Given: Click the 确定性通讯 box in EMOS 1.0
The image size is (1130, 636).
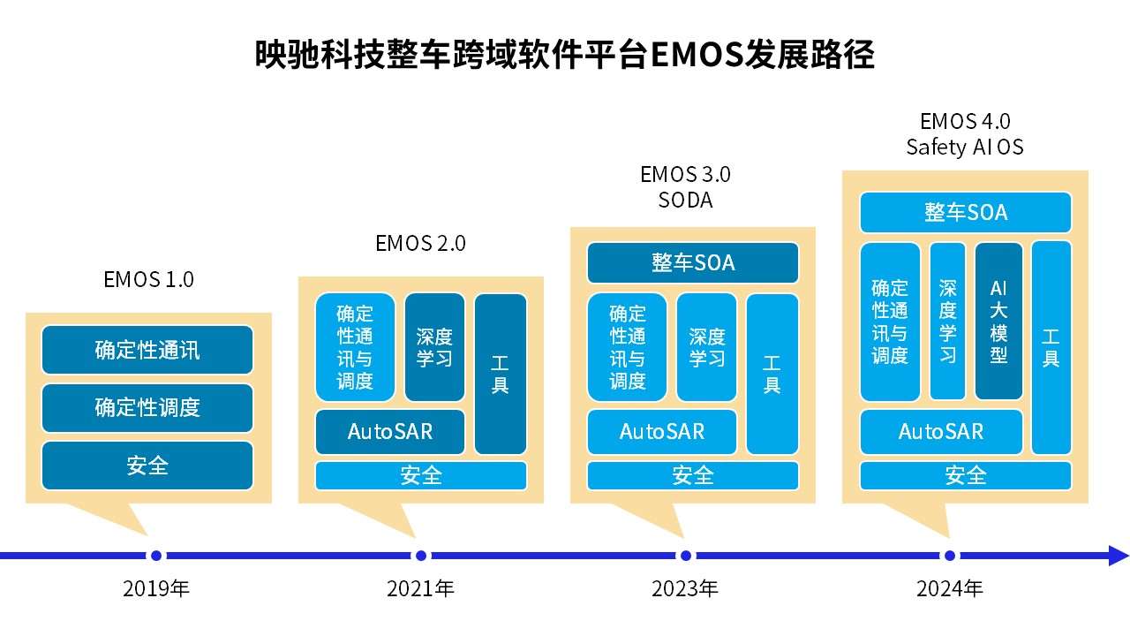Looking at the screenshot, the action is (147, 350).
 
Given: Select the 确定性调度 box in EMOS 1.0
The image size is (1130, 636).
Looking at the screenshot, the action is (147, 408).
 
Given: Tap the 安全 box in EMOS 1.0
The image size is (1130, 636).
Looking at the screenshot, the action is (147, 466).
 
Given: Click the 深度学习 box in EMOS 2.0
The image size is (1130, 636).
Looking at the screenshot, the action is (434, 347).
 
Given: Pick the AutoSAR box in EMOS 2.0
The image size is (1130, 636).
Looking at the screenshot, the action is (390, 432).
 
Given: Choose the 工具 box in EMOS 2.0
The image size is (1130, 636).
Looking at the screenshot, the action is (501, 374).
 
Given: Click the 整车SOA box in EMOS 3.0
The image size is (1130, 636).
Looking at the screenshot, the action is (693, 263).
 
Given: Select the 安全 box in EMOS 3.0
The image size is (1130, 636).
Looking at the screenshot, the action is (693, 475).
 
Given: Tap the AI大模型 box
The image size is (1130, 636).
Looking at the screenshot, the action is (998, 322).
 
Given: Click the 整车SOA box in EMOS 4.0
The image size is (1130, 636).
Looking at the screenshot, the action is (966, 213).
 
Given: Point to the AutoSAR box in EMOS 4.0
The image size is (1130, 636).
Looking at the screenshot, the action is (941, 432).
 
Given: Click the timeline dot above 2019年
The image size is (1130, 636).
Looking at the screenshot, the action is (156, 556).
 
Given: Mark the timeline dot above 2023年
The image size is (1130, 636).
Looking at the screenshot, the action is (686, 556).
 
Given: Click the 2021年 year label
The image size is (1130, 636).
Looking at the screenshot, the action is (421, 588).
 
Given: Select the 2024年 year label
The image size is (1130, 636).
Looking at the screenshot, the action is (950, 588).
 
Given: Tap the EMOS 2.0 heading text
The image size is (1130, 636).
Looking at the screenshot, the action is (421, 243).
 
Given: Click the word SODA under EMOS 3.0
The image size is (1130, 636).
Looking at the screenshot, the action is (686, 201).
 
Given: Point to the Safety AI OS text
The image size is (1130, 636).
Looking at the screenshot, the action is (965, 148).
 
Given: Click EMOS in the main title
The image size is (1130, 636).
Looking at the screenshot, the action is (697, 55).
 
